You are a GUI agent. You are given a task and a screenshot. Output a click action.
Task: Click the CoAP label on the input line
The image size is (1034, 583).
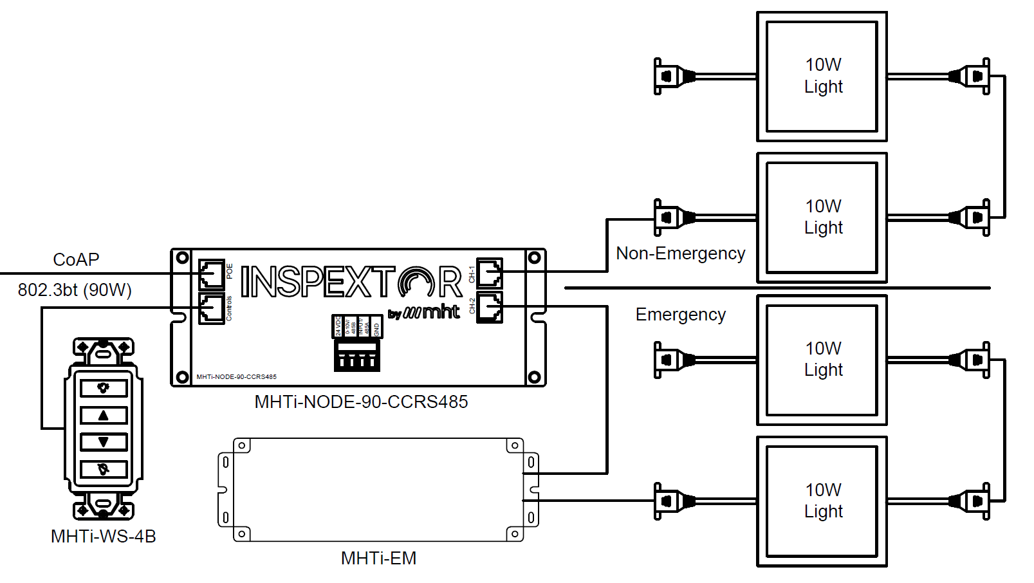(76, 259)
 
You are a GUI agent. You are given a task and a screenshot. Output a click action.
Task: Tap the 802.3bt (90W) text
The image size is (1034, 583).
(75, 290)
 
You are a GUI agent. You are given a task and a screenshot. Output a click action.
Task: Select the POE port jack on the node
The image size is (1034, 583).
(211, 274)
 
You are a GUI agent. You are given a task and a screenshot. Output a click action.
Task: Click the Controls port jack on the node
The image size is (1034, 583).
(211, 309)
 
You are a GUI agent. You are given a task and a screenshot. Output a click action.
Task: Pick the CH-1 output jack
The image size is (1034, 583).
(489, 273)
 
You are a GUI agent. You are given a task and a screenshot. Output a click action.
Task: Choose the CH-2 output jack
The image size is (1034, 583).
(489, 307)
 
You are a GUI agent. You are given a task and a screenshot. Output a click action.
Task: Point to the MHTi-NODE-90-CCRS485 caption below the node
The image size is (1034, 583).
(361, 402)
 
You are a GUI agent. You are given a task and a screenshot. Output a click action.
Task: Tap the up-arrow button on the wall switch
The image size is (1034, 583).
(104, 415)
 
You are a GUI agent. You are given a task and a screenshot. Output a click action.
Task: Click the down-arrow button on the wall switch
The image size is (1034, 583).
(104, 442)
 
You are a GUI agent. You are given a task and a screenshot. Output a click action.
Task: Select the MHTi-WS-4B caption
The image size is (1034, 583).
(104, 537)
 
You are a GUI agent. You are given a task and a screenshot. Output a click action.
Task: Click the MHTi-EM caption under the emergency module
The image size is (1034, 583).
(378, 559)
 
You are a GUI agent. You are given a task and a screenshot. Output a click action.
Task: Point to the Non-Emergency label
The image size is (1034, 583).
(680, 254)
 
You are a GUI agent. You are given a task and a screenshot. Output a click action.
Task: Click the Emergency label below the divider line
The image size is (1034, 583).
(680, 315)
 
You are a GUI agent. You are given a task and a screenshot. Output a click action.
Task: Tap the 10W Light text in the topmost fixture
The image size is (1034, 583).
(823, 76)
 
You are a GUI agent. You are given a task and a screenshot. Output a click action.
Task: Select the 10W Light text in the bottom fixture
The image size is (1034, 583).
(823, 501)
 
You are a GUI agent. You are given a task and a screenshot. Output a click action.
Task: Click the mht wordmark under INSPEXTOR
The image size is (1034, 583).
(441, 312)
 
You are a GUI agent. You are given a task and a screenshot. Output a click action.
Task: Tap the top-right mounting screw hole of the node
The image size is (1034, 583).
(534, 258)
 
